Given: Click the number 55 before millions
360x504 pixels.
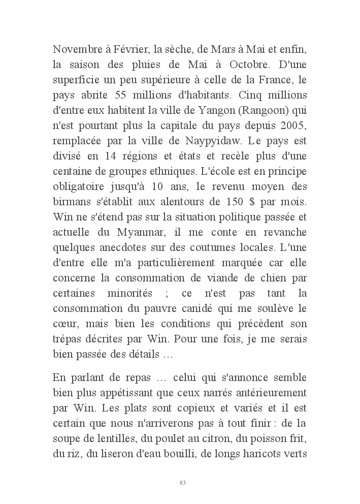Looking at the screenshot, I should click(x=133, y=95).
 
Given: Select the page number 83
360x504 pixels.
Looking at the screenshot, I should click(x=182, y=482).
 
